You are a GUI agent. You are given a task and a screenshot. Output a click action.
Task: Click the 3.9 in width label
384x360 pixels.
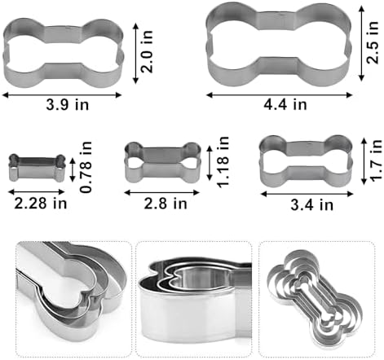(68, 105)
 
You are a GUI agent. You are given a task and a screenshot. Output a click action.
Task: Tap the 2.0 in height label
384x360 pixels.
(147, 51)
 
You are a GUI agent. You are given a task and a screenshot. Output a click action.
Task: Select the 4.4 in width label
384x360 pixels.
(285, 104)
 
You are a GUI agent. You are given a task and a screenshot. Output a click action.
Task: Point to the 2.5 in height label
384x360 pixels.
(373, 42)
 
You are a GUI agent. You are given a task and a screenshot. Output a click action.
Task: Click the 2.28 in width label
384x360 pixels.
(41, 204)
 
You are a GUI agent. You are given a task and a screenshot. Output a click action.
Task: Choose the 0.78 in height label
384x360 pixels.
(86, 167)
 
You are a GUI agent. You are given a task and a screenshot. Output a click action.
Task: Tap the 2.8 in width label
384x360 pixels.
(166, 204)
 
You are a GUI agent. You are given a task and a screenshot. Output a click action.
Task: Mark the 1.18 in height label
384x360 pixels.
(223, 162)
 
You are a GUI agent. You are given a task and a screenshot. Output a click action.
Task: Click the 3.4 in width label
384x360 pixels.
(312, 204)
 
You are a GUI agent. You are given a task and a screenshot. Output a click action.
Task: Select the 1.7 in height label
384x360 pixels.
(376, 160)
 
